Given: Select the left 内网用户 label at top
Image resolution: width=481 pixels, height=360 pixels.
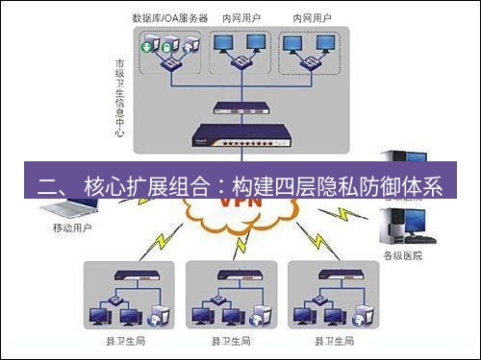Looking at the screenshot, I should pyautogui.click(x=240, y=17).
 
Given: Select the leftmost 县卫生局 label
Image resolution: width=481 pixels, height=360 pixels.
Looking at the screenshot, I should pyautogui.click(x=129, y=340).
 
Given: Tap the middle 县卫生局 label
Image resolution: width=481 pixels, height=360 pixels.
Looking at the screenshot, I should pyautogui.click(x=230, y=340).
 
